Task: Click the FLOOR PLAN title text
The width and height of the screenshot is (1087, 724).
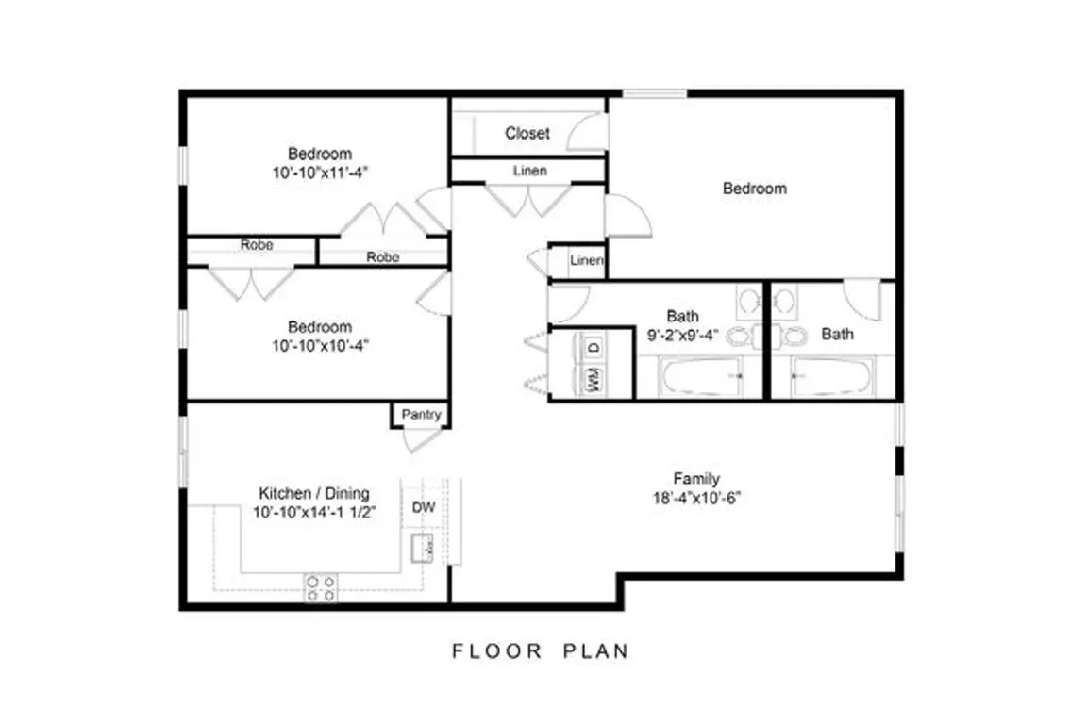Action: [541, 651]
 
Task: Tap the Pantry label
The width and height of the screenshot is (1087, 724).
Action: [422, 414]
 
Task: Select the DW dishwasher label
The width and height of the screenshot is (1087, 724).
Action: [424, 507]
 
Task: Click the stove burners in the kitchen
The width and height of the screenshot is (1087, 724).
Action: [321, 587]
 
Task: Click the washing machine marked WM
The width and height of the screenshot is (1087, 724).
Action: [594, 380]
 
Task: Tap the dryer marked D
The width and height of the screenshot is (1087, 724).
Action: [594, 347]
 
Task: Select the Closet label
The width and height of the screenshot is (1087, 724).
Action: [527, 133]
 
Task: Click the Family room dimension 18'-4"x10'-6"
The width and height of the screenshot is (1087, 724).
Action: [696, 498]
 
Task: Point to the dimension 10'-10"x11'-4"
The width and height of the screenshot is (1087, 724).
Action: [320, 173]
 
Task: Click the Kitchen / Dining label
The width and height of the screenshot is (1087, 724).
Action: [314, 493]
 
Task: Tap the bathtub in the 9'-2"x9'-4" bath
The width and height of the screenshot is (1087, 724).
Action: [702, 377]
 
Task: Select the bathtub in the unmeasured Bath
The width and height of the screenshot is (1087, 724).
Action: [832, 377]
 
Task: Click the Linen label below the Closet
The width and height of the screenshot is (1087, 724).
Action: [529, 171]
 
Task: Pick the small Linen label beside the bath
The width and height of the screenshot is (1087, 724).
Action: [587, 260]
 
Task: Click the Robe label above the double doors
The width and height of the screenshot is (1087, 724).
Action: [257, 244]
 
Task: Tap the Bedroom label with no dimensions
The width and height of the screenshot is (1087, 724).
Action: [754, 189]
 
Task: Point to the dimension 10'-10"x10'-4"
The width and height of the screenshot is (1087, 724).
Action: [320, 345]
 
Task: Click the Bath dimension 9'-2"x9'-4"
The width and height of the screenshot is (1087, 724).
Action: [683, 336]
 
